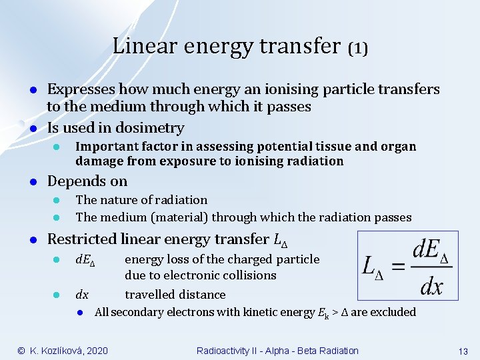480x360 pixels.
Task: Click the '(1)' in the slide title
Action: [358, 48]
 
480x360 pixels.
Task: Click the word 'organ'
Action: [397, 146]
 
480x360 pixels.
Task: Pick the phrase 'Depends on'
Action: [87, 181]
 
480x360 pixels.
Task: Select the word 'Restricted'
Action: [82, 239]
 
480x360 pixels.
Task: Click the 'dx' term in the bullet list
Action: [82, 295]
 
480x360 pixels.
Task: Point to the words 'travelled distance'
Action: [175, 295]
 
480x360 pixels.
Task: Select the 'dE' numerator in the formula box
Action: [427, 250]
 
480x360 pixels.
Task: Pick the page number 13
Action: [463, 351]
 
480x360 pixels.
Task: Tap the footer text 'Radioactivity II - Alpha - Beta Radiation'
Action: [277, 351]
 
